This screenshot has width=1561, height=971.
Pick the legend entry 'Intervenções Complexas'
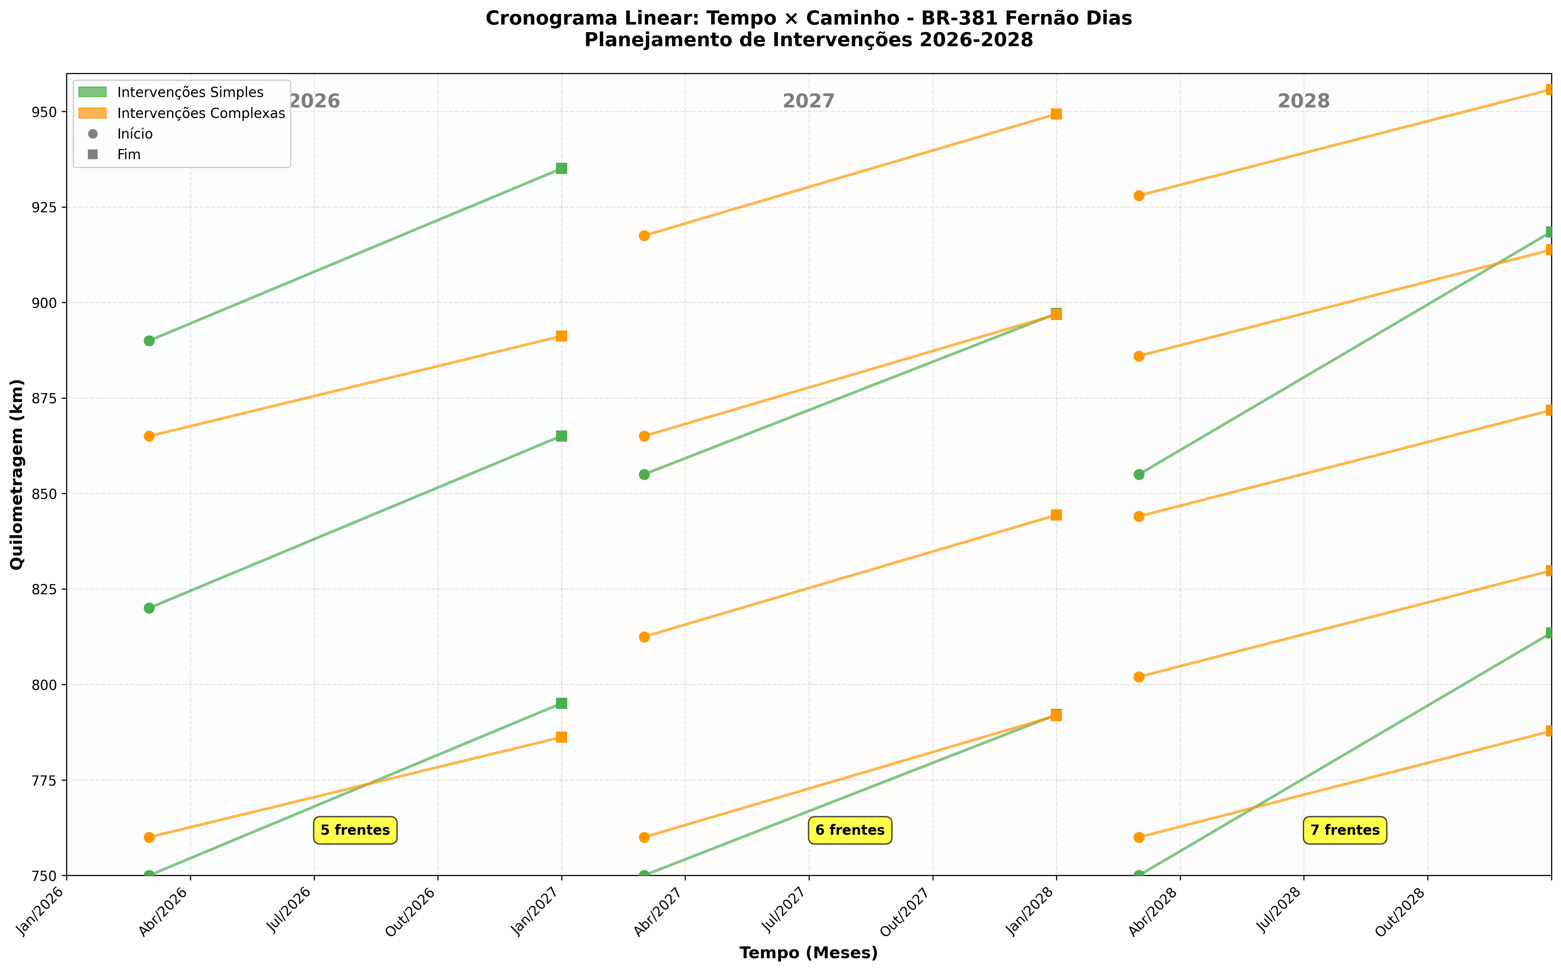[x=201, y=113]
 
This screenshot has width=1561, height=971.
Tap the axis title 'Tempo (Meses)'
[x=808, y=953]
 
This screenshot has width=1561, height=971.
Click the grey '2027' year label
[x=808, y=102]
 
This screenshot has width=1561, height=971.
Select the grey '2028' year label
[x=1303, y=102]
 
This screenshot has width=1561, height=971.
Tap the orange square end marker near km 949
[x=1056, y=114]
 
